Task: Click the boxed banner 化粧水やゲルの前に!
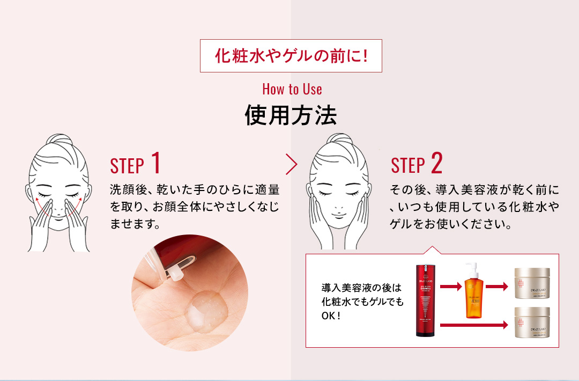[x=291, y=55]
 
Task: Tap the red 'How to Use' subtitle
[x=292, y=89]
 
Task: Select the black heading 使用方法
[x=291, y=115]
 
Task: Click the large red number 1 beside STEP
[x=155, y=163]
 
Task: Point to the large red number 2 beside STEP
[x=436, y=163]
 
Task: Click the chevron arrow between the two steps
[x=292, y=165]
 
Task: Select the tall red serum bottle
[x=427, y=301]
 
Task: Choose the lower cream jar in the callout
[x=533, y=322]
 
